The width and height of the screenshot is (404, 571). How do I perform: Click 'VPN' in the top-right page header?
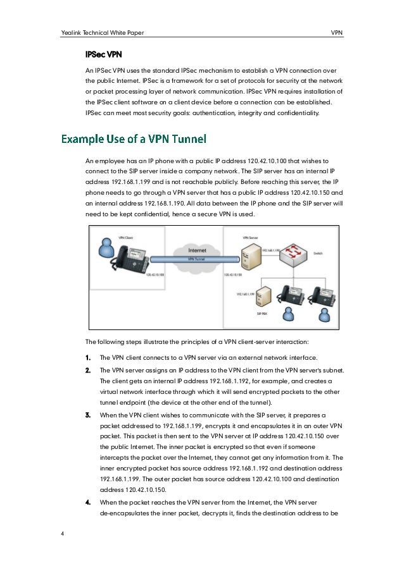[x=337, y=32]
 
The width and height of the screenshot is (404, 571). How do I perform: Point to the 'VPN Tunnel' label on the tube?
[x=198, y=259]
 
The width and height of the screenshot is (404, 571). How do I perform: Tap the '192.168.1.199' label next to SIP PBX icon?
[x=246, y=294]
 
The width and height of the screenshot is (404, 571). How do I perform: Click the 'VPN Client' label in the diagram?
[x=108, y=237]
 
